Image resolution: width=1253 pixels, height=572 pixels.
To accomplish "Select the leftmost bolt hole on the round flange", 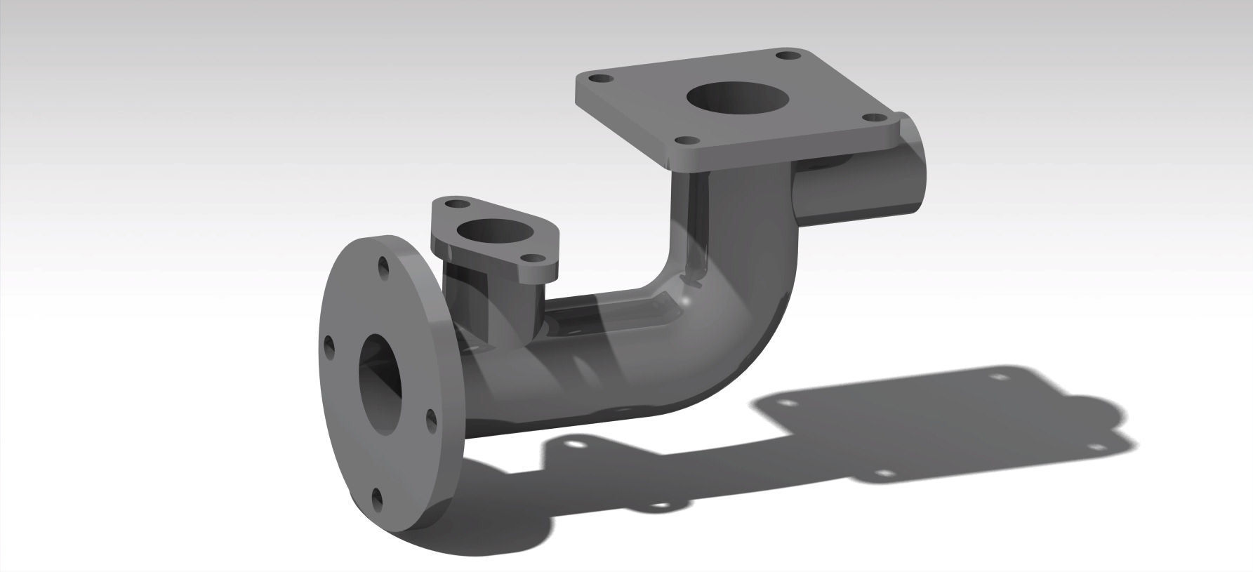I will point(328,345).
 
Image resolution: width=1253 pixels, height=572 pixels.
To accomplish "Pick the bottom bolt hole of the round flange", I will point(377,496).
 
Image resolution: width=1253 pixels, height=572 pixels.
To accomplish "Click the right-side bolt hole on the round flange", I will point(431,419).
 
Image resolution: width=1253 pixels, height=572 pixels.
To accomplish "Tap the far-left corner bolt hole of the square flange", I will point(597,80).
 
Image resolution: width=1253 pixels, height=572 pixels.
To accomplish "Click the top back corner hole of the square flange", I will point(784,55).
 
